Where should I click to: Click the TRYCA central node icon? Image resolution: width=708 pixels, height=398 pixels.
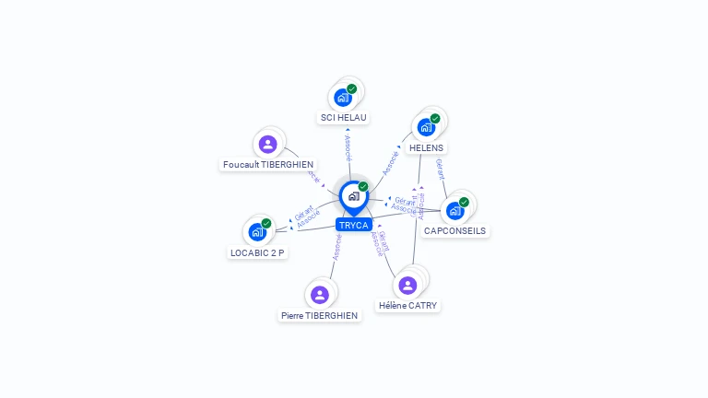click(x=352, y=195)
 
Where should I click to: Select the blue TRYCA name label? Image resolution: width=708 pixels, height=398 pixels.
click(x=353, y=225)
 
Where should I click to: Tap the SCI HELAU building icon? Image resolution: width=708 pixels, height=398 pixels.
click(x=342, y=98)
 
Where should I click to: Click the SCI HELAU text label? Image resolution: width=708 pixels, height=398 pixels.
click(x=344, y=118)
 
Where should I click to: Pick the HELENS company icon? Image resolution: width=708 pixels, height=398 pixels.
click(x=425, y=127)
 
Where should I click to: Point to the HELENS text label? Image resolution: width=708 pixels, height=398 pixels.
click(x=426, y=147)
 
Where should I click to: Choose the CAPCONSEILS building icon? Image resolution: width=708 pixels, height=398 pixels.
click(x=454, y=211)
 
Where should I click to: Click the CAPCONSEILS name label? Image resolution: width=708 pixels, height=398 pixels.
click(x=454, y=230)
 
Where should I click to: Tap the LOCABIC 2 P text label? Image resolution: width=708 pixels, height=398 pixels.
click(x=257, y=252)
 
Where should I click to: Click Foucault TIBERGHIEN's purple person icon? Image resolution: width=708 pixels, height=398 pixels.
click(x=267, y=144)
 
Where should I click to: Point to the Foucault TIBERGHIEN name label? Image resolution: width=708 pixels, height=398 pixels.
click(x=268, y=164)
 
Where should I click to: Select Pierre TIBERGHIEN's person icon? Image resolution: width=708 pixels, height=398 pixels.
click(x=319, y=295)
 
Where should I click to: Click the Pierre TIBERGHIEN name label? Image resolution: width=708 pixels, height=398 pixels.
click(x=320, y=315)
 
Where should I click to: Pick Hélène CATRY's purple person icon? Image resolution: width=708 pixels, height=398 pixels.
click(x=407, y=286)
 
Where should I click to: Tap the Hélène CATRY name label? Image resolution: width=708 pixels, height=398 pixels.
click(x=407, y=305)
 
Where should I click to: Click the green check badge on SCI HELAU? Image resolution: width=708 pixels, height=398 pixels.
click(x=352, y=88)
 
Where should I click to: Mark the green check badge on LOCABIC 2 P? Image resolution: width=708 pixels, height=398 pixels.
click(x=266, y=223)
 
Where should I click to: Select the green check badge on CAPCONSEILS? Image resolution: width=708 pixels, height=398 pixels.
click(x=464, y=202)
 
